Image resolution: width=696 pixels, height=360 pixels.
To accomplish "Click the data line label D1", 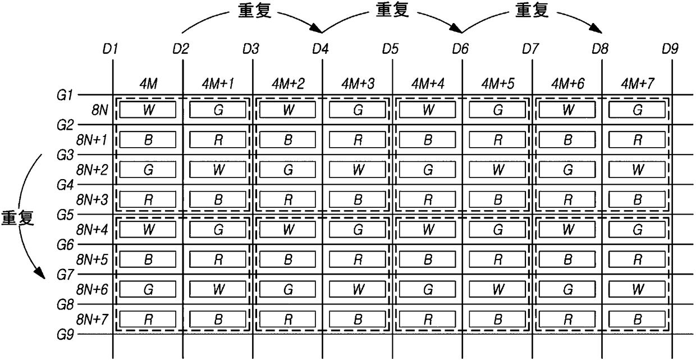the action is (x=111, y=49).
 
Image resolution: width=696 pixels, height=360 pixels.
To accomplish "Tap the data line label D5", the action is (x=390, y=49).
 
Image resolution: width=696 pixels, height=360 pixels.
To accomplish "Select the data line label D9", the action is (x=670, y=49).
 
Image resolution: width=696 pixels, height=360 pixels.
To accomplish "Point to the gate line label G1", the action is (x=65, y=95).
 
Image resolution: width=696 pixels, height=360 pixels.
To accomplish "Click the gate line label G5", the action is (x=65, y=215).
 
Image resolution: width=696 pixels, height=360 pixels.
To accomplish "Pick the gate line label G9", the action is (x=65, y=335).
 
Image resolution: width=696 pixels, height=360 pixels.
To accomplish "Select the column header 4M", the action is (x=149, y=84).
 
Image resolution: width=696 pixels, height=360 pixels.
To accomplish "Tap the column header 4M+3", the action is (x=358, y=84).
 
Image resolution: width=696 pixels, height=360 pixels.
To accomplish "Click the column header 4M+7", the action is (x=638, y=84).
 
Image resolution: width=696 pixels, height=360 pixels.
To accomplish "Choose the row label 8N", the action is (x=100, y=110).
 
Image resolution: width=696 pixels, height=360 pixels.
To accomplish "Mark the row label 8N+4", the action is (x=92, y=230).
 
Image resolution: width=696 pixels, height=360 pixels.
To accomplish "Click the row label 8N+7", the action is (x=92, y=319).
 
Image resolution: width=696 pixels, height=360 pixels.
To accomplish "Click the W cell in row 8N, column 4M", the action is (x=148, y=110).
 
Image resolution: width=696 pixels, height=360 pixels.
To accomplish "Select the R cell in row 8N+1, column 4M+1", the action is (x=218, y=140).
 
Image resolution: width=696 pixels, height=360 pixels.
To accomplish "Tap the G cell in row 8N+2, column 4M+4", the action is (x=428, y=170).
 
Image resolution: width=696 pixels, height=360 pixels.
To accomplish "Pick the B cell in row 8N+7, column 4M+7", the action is (x=637, y=320).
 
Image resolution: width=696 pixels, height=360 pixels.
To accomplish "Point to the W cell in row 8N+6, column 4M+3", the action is (x=358, y=289).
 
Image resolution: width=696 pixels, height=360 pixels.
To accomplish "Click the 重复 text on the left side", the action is (x=17, y=218).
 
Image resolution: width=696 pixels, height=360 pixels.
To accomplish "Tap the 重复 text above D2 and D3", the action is (x=255, y=10).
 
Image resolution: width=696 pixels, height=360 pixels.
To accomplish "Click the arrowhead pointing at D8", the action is (x=597, y=29).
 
